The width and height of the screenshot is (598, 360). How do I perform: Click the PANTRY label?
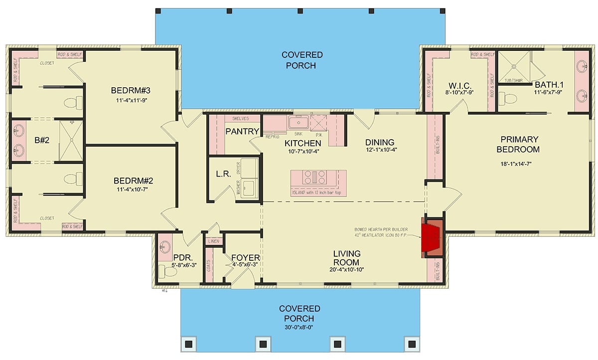242,132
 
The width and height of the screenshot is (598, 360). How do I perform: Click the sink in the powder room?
165,246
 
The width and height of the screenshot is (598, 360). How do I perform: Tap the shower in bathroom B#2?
71,141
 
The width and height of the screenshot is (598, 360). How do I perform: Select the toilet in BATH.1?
507,99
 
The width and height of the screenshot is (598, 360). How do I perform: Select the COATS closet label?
209,266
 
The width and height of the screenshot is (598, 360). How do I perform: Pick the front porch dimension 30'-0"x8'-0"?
299,328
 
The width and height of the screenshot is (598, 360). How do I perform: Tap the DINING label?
379,142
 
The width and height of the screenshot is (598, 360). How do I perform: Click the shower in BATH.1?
513,66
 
